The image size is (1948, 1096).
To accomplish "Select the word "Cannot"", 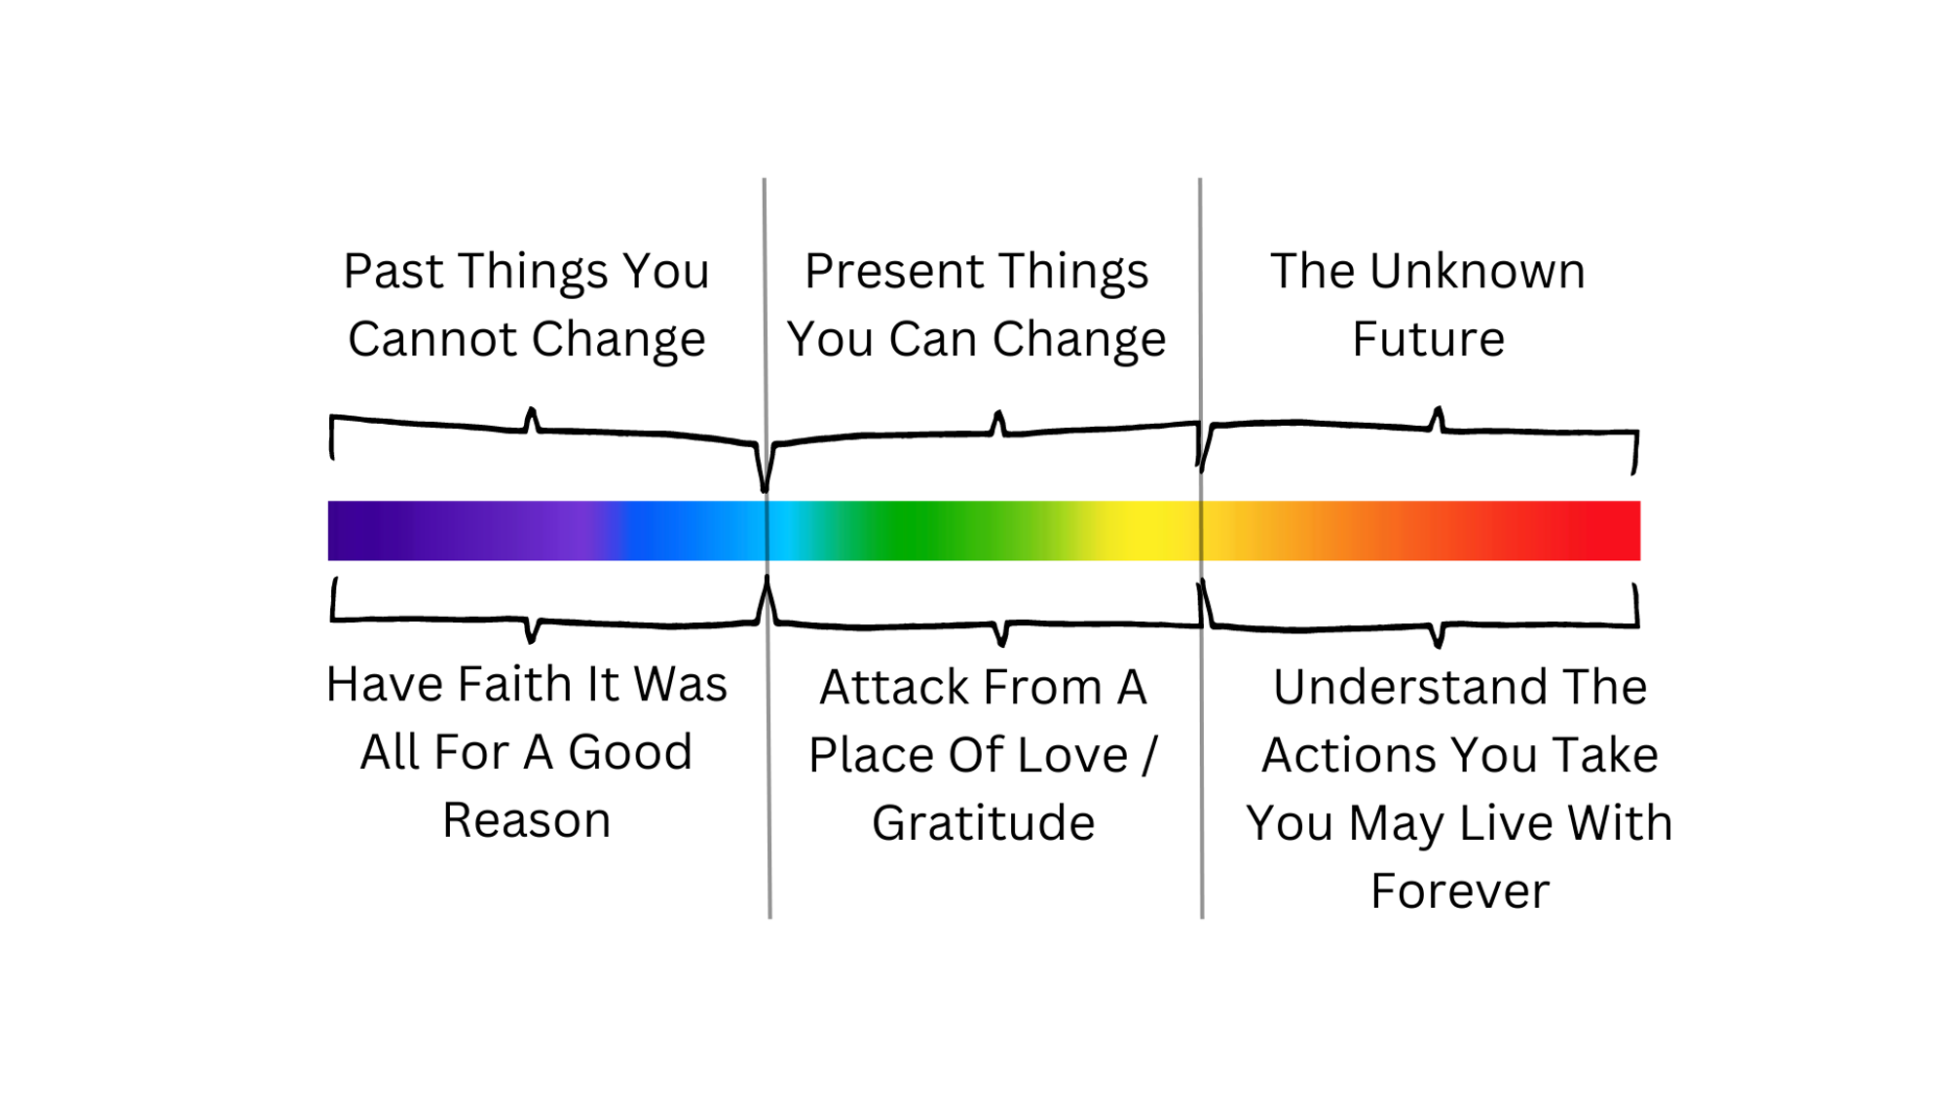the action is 433,339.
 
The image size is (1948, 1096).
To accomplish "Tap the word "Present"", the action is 894,271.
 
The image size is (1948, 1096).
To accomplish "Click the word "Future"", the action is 1429,339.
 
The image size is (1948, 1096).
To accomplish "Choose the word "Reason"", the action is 527,820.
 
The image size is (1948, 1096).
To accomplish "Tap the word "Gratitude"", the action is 984,823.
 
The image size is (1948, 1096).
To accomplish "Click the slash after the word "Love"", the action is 1149,755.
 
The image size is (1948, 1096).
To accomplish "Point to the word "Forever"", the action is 1460,891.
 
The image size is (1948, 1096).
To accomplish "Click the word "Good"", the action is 630,752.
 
